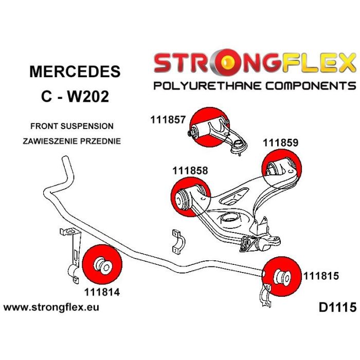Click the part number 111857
(169, 120)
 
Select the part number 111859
(281, 143)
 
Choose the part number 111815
(321, 276)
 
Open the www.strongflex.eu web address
(51, 308)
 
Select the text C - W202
(75, 96)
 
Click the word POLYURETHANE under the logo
(205, 85)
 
